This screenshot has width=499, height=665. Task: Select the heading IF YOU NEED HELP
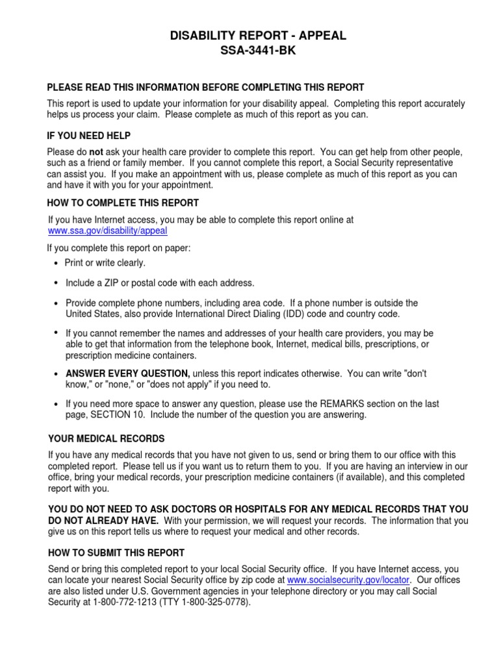[x=89, y=136]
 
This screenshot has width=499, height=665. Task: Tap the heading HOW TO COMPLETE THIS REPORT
[x=123, y=203]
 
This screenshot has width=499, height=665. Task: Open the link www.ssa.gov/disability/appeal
[x=108, y=231]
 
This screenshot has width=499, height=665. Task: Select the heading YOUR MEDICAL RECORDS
[x=106, y=438]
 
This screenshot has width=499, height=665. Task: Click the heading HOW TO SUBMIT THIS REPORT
[x=116, y=553]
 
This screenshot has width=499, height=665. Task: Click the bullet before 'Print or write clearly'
[x=56, y=263]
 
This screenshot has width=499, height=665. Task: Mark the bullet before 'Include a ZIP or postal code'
[x=56, y=283]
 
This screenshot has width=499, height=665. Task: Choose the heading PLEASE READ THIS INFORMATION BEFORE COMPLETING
[x=205, y=87]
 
